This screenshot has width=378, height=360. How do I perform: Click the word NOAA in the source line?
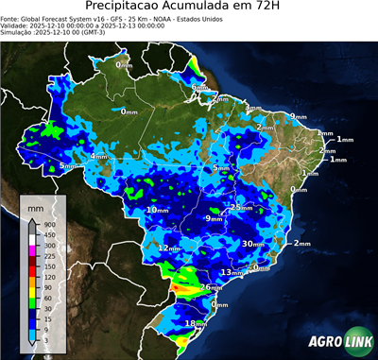point(195,18)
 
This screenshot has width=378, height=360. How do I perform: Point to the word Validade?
point(20,26)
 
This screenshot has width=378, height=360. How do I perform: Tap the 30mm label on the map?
point(252,243)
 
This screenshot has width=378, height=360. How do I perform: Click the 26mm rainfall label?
point(211,286)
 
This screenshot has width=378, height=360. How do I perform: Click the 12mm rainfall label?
point(169,248)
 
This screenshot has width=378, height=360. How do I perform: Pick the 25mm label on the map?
point(242,207)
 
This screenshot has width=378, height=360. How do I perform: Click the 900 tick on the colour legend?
point(50,225)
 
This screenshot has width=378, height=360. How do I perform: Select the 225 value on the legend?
point(50,256)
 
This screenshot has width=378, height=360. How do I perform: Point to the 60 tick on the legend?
point(49,298)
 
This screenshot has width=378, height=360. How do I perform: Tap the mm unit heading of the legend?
point(35,206)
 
